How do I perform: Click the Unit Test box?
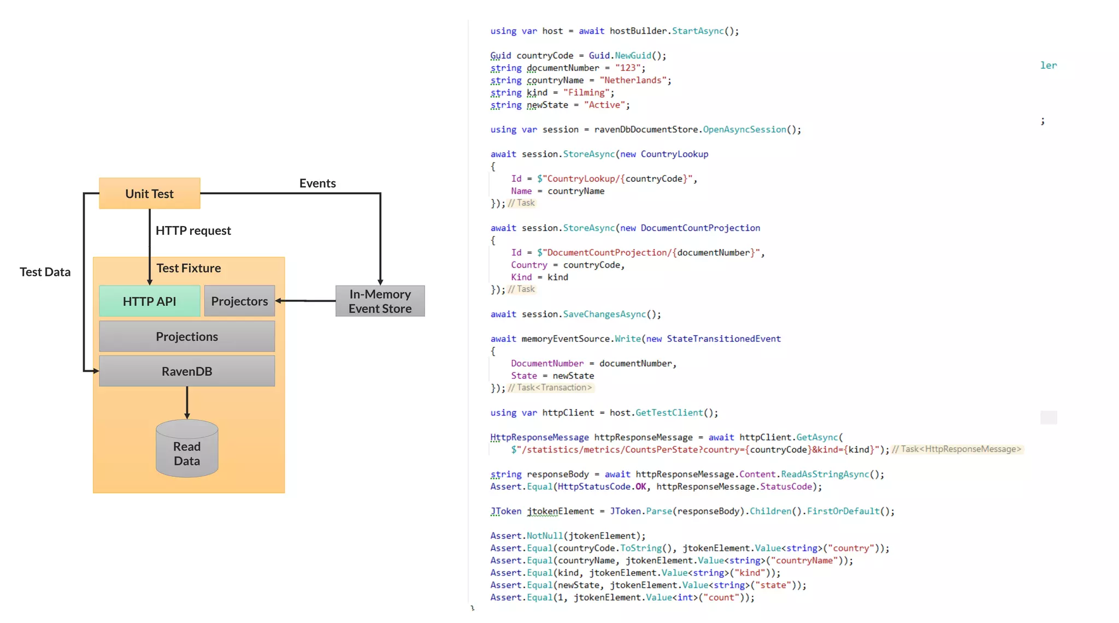click(x=149, y=193)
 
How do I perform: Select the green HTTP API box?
click(x=149, y=301)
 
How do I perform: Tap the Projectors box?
click(x=239, y=301)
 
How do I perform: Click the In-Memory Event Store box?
click(x=380, y=301)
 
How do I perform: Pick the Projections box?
click(x=187, y=336)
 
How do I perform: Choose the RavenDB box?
click(x=187, y=371)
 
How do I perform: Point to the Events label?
click(x=317, y=183)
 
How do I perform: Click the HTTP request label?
click(x=193, y=230)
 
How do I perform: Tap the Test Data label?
click(x=45, y=272)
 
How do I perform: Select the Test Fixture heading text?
click(x=189, y=268)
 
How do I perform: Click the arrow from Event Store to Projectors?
click(x=306, y=301)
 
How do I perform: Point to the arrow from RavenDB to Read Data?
click(x=187, y=403)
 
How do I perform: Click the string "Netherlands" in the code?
click(x=633, y=80)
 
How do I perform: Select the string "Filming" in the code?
click(x=586, y=93)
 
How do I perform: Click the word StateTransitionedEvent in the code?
click(x=723, y=339)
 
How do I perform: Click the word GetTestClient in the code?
click(x=669, y=413)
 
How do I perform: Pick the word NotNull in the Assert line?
click(x=544, y=536)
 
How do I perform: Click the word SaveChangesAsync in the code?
click(x=604, y=315)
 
